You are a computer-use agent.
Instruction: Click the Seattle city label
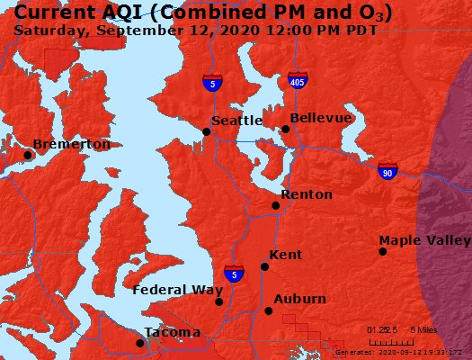tap(236, 121)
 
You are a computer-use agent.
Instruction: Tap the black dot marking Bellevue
tap(285, 129)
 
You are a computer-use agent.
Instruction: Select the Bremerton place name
tap(71, 144)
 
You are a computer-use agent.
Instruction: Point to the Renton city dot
tap(276, 205)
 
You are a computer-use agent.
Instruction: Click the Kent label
tap(285, 255)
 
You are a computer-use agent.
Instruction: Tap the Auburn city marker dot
tap(268, 310)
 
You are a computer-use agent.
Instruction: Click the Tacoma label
tap(173, 332)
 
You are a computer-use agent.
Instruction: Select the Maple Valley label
tap(423, 240)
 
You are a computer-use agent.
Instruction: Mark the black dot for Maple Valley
tap(383, 251)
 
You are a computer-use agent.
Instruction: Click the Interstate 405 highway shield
tap(297, 81)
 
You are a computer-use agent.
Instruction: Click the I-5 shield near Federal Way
tap(233, 274)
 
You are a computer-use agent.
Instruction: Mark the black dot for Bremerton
tap(28, 155)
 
